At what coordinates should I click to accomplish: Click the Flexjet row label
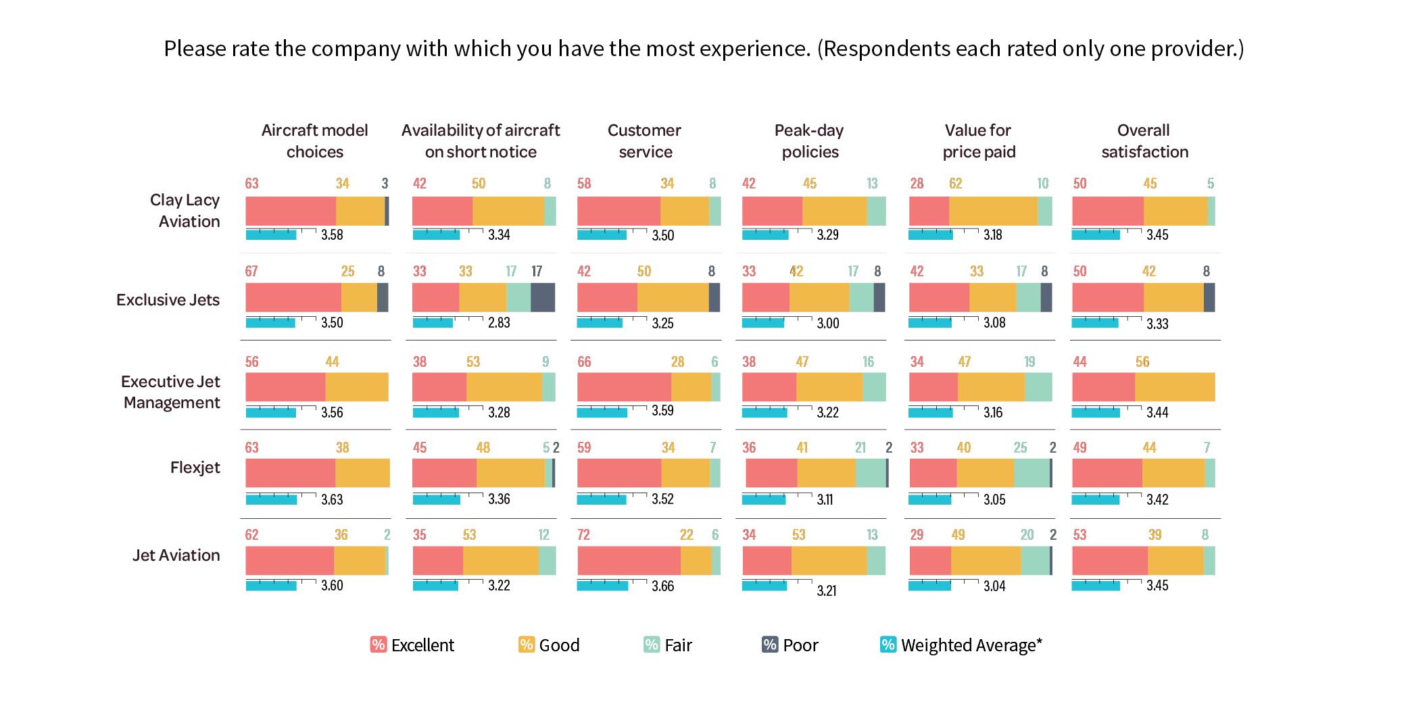click(x=195, y=468)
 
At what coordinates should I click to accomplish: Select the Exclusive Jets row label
click(x=168, y=300)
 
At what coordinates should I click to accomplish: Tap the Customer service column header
click(x=645, y=141)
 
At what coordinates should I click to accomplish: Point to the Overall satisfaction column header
click(x=1144, y=141)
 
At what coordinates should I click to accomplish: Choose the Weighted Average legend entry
click(x=961, y=645)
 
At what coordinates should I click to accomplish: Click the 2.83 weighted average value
click(x=499, y=323)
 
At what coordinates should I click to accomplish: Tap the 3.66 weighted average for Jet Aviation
click(x=662, y=586)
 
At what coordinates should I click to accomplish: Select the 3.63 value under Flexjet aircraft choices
click(x=332, y=500)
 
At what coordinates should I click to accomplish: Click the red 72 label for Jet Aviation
click(x=583, y=535)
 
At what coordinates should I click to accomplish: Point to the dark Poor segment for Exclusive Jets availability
click(x=543, y=297)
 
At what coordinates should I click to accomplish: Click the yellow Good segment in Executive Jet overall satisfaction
click(x=1175, y=387)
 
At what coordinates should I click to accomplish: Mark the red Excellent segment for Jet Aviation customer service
click(x=629, y=561)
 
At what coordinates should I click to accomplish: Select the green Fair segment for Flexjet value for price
click(x=1031, y=473)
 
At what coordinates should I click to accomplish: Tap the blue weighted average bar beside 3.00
click(x=763, y=322)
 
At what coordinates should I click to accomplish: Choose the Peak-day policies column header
click(x=809, y=141)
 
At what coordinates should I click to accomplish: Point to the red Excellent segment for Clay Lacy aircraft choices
click(x=291, y=211)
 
